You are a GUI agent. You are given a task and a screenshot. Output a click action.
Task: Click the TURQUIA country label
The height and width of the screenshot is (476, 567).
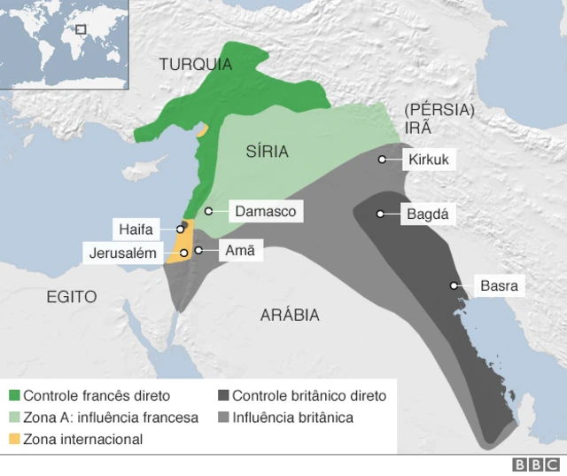pyautogui.click(x=196, y=64)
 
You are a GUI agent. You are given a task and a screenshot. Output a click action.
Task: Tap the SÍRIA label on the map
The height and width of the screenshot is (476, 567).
pyautogui.click(x=267, y=152)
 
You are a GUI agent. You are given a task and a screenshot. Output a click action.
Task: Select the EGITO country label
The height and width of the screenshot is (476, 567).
pyautogui.click(x=72, y=298)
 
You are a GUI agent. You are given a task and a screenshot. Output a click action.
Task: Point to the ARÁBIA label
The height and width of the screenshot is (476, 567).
pyautogui.click(x=290, y=315)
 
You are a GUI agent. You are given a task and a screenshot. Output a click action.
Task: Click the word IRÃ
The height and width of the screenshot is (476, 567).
pyautogui.click(x=418, y=128)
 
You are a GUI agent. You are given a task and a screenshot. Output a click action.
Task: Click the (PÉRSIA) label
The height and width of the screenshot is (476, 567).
pyautogui.click(x=439, y=110)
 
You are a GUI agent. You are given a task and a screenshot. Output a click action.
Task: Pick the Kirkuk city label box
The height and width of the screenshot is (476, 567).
pyautogui.click(x=429, y=160)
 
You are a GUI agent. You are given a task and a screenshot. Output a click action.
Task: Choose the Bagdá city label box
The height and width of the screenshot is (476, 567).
pyautogui.click(x=428, y=214)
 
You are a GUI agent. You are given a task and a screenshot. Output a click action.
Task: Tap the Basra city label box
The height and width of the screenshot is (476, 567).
pyautogui.click(x=498, y=285)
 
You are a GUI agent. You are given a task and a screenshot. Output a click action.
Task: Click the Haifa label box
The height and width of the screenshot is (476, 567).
pyautogui.click(x=136, y=230)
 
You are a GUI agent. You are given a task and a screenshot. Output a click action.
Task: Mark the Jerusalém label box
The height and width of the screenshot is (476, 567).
pyautogui.click(x=122, y=253)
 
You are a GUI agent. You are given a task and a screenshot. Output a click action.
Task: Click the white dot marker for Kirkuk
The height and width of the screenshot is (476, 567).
pyautogui.click(x=382, y=160)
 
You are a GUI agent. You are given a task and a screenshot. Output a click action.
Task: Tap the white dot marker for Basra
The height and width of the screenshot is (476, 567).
pyautogui.click(x=454, y=285)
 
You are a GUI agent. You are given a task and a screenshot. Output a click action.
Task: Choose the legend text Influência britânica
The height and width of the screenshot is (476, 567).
pyautogui.click(x=292, y=417)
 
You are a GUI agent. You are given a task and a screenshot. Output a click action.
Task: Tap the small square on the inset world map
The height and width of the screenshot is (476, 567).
pyautogui.click(x=81, y=28)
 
